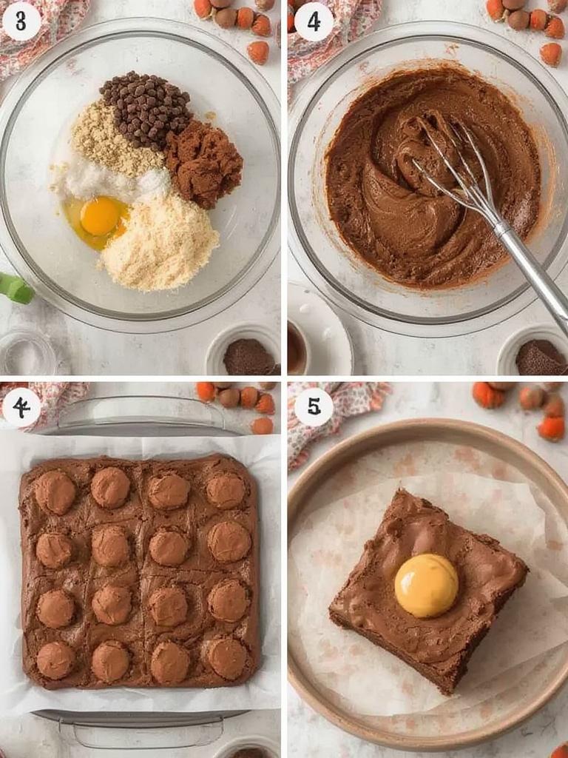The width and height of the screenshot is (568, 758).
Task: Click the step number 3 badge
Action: pyautogui.click(x=21, y=21)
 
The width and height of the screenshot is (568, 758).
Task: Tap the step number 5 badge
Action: pyautogui.click(x=314, y=407)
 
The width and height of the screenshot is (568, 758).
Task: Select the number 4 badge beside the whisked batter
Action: pyautogui.click(x=314, y=21)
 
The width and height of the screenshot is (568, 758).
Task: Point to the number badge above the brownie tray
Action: pyautogui.click(x=21, y=407)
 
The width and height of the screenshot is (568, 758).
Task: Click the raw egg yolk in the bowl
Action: pyautogui.click(x=100, y=216)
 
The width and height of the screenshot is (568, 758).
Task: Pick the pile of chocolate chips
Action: pyautogui.click(x=146, y=108)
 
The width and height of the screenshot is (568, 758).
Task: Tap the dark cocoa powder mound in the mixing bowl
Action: pyautogui.click(x=204, y=162)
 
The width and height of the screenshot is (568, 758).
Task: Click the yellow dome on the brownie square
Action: pyautogui.click(x=426, y=586)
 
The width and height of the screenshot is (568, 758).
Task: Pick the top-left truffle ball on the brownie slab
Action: pyautogui.click(x=55, y=492)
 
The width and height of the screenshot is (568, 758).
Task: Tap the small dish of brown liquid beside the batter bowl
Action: pyautogui.click(x=297, y=348)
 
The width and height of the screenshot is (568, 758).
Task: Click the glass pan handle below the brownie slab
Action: pyautogui.click(x=141, y=729)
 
